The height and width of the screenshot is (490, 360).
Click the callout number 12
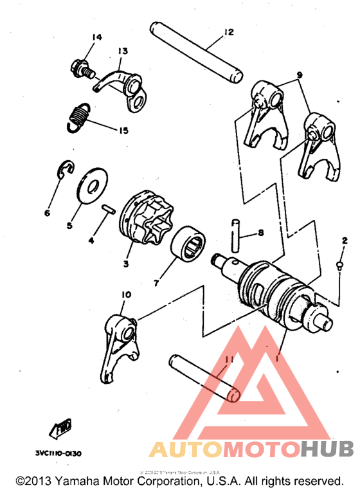229,32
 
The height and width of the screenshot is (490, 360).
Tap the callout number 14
96,37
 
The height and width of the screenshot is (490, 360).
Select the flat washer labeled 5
93,182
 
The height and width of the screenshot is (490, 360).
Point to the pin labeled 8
236,237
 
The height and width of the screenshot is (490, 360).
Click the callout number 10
125,295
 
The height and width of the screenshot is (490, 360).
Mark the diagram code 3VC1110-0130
59,453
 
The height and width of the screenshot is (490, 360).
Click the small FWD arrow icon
62,426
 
